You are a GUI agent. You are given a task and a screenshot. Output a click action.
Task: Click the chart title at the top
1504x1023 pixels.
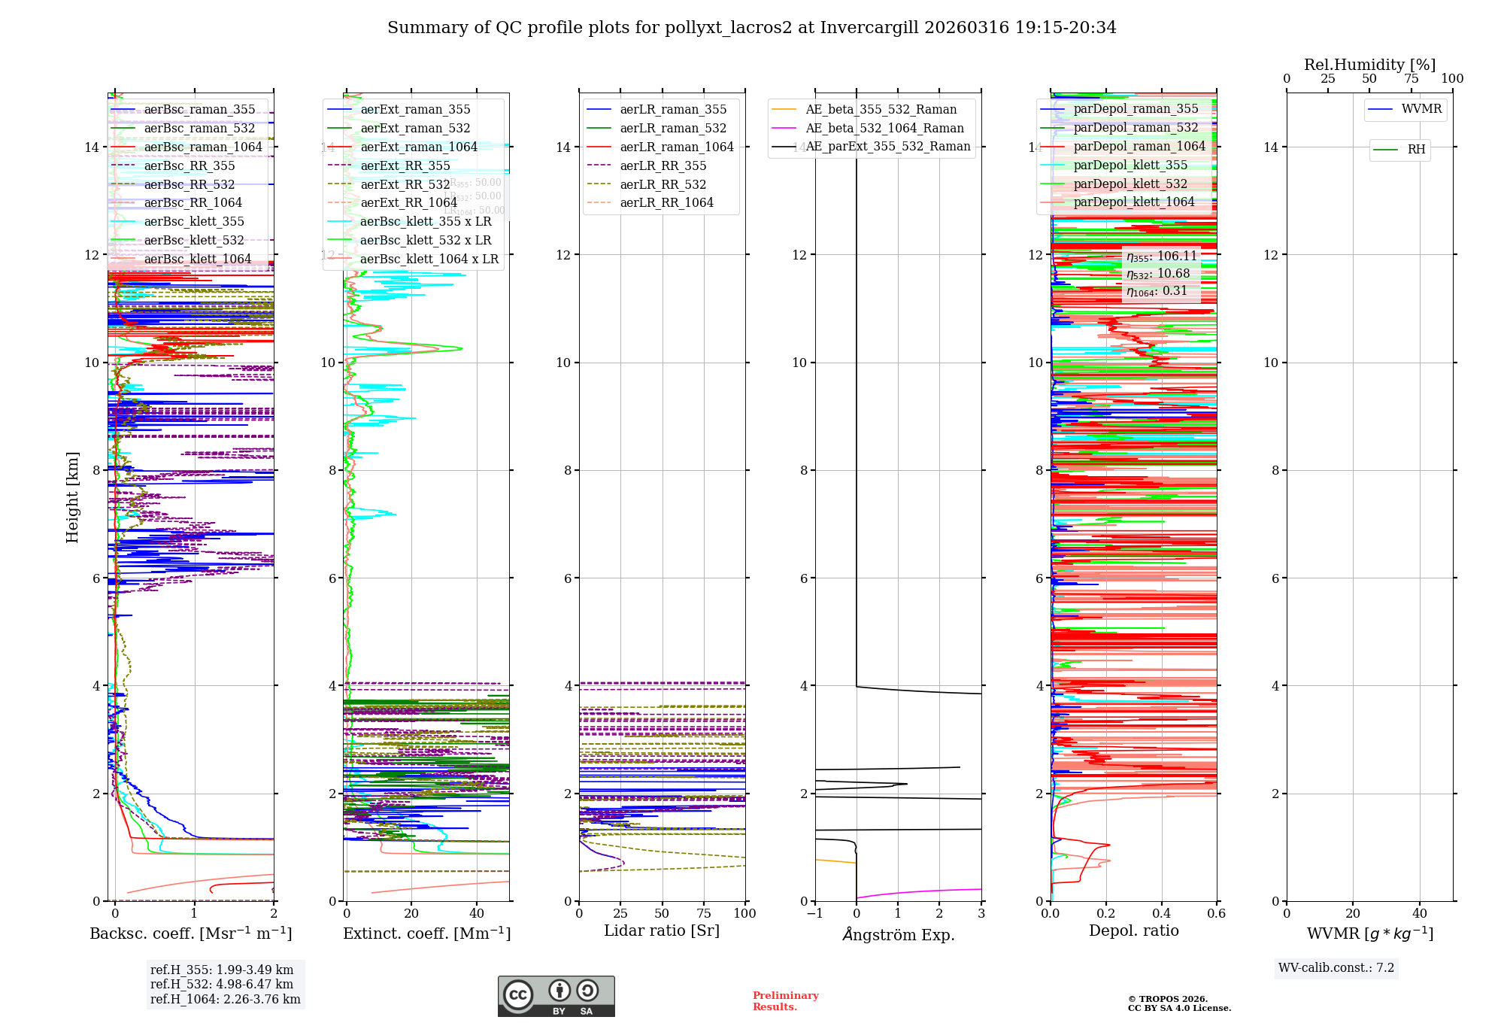751,28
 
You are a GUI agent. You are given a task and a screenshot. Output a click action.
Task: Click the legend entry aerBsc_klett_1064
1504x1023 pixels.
197,260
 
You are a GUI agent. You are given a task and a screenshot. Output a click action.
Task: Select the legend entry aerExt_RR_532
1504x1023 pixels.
405,184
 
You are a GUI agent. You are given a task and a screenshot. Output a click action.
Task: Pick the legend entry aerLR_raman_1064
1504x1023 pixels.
676,147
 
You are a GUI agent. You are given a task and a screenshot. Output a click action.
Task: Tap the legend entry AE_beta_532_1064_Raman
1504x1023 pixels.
884,129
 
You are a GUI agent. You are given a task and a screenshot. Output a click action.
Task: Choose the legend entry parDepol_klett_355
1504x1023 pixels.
1130,165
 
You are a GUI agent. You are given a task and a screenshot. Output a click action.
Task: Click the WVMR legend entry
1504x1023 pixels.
1421,109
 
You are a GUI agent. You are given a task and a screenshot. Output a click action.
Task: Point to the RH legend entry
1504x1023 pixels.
1416,150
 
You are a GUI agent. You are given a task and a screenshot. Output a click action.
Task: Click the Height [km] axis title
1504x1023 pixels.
72,497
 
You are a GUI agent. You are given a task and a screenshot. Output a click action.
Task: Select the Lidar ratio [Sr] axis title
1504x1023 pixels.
662,931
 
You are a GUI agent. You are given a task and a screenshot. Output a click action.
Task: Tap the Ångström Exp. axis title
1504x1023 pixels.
898,935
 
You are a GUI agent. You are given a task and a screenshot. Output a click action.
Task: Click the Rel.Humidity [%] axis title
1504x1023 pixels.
1369,65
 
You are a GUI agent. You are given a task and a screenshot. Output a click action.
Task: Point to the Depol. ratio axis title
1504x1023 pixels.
1133,931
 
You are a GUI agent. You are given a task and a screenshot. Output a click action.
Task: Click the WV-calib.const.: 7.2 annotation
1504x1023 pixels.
1336,968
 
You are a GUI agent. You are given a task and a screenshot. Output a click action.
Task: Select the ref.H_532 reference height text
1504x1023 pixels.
221,985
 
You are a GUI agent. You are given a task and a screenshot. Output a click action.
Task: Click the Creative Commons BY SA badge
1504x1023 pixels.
556,997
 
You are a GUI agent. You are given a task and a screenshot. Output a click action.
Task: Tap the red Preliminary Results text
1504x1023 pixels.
785,1001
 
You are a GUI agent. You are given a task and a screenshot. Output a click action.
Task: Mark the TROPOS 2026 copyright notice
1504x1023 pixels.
1178,1003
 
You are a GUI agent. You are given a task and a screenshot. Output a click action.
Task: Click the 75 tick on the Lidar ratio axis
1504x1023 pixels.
704,914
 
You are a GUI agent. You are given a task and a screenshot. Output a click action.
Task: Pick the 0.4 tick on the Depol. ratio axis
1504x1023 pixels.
1161,914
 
